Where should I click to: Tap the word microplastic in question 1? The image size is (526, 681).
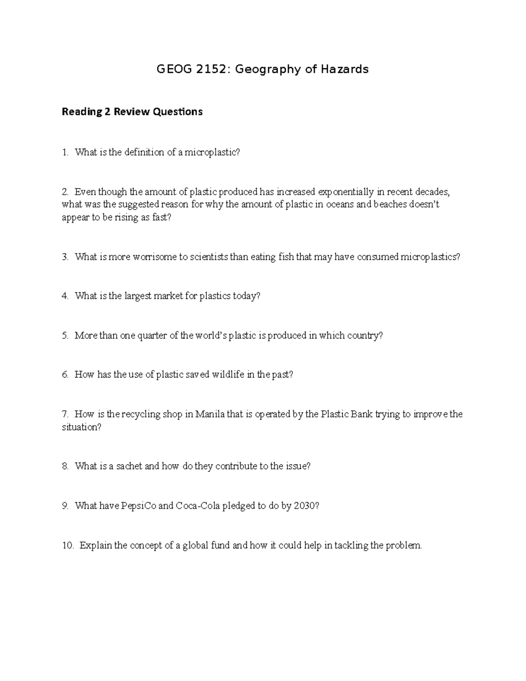(212, 153)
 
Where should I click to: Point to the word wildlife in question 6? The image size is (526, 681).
(228, 374)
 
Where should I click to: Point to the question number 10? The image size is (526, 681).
(68, 546)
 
